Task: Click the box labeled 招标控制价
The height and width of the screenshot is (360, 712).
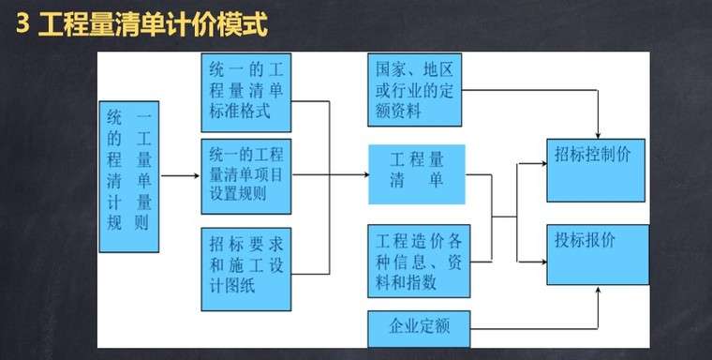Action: (x=597, y=170)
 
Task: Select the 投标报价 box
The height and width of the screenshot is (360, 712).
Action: (x=597, y=254)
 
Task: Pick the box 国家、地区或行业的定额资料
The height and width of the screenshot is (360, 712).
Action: (x=416, y=91)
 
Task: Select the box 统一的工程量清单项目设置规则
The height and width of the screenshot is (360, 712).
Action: (x=247, y=173)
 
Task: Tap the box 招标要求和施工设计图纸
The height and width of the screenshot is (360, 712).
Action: (x=247, y=268)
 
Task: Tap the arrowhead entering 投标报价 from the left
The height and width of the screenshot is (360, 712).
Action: (x=542, y=246)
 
